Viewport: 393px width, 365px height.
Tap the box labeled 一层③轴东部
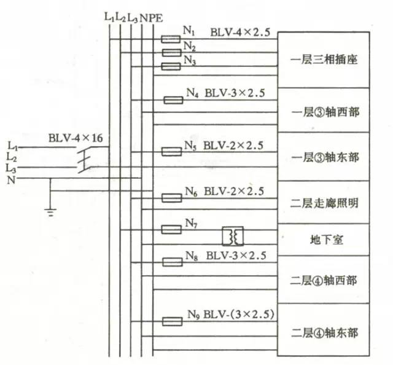point(324,156)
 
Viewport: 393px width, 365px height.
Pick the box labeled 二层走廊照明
point(324,202)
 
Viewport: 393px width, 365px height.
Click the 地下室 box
point(324,239)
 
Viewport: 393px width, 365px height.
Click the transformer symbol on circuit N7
point(233,236)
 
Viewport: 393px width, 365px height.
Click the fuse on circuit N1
point(170,38)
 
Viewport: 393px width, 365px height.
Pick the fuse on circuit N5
point(170,151)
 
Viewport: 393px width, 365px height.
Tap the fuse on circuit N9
point(170,321)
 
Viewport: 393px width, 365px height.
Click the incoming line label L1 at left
point(12,145)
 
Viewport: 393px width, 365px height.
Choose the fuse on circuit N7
point(170,229)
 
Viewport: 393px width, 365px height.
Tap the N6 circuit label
point(190,191)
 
